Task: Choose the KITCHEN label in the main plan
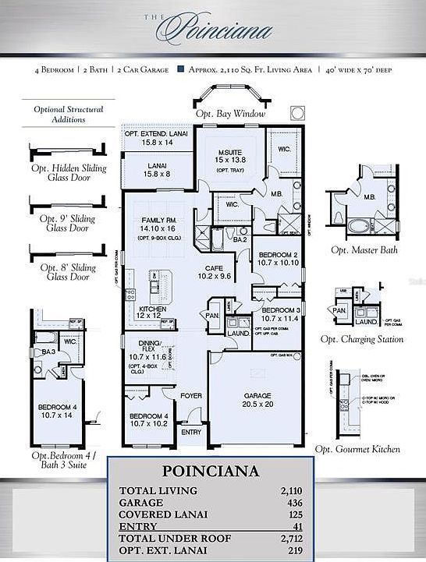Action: pos(153,309)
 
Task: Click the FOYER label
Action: pos(191,396)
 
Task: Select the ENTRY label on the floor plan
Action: pos(190,432)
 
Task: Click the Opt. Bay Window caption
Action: pos(231,114)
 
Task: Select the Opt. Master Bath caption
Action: pos(363,250)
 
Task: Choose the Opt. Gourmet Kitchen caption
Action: pos(357,449)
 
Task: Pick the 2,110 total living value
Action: pos(289,490)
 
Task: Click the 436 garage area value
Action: pos(293,504)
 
